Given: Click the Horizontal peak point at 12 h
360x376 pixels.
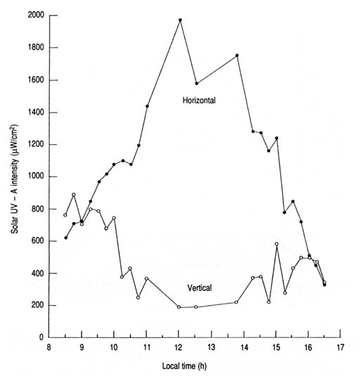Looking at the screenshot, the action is click(181, 20).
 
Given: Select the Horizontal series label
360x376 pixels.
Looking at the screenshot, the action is click(199, 101).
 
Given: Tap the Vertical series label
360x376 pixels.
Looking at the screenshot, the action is click(200, 287).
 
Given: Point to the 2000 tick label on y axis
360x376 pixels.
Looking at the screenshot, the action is click(36, 15).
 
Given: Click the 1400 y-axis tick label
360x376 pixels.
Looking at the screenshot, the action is click(36, 112).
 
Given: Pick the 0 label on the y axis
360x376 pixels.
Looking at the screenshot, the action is click(41, 337).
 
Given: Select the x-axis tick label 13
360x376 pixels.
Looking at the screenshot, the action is click(212, 347).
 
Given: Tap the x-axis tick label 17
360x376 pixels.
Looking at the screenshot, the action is click(340, 347).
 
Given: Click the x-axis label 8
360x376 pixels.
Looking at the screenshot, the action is click(49, 347).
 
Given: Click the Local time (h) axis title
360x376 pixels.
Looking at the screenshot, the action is click(184, 366).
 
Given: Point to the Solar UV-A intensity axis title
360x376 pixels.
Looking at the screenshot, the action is click(15, 179).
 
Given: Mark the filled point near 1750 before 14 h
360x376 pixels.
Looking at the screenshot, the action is click(237, 56).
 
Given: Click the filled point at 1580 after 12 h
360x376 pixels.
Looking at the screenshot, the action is click(196, 84).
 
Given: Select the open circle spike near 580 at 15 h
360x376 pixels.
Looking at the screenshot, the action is click(276, 244).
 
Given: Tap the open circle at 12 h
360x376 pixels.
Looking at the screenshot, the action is click(179, 307).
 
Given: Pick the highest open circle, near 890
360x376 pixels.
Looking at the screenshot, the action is click(74, 195).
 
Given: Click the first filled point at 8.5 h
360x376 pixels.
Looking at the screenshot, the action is click(65, 238).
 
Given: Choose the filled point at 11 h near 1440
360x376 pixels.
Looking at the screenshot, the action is click(147, 106).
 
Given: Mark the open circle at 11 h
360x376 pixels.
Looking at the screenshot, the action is click(146, 278).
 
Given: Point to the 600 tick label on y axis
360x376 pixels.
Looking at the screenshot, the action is click(38, 241).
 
